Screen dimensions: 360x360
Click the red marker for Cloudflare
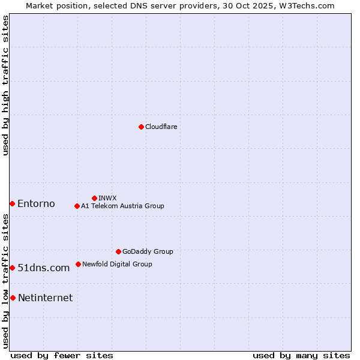pyautogui.click(x=141, y=127)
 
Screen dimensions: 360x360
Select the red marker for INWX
pyautogui.click(x=94, y=198)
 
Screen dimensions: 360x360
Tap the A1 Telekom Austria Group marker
pyautogui.click(x=77, y=206)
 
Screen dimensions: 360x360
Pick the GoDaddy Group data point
pyautogui.click(x=118, y=251)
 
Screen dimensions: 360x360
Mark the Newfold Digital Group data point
pyautogui.click(x=78, y=264)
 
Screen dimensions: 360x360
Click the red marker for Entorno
pyautogui.click(x=12, y=204)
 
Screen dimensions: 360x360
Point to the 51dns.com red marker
pyautogui.click(x=12, y=268)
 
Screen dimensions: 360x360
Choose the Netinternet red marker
pyautogui.click(x=13, y=298)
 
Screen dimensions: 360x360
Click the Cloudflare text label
pyautogui.click(x=161, y=127)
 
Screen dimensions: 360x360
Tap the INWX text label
pyautogui.click(x=107, y=198)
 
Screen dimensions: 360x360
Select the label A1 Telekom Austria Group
pyautogui.click(x=122, y=206)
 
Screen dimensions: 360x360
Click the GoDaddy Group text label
pyautogui.click(x=148, y=251)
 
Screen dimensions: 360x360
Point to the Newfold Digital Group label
pyautogui.click(x=117, y=264)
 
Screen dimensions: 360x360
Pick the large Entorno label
pyautogui.click(x=36, y=204)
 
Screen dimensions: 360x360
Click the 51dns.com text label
pyautogui.click(x=44, y=268)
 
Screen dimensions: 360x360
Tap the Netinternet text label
pyautogui.click(x=46, y=298)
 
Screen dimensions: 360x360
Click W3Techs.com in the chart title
pyautogui.click(x=305, y=5)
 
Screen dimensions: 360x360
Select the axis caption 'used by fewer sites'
pyautogui.click(x=62, y=355)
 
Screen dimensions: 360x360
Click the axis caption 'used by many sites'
pyautogui.click(x=301, y=355)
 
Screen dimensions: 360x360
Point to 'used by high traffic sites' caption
pyautogui.click(x=5, y=85)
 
